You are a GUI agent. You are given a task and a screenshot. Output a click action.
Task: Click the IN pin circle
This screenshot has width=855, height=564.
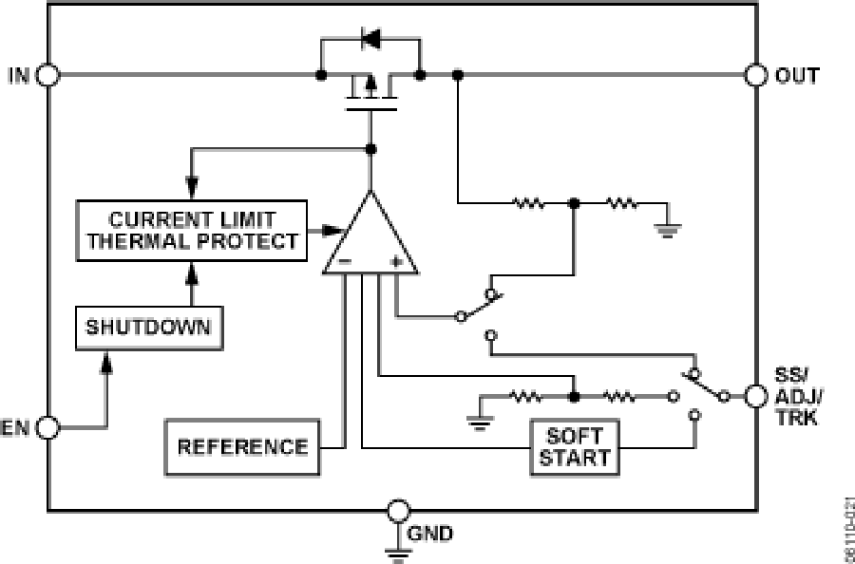(48, 75)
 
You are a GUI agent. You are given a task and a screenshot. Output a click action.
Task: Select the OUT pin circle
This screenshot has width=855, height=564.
(756, 75)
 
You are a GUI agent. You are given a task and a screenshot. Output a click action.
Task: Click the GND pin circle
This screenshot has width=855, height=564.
(398, 512)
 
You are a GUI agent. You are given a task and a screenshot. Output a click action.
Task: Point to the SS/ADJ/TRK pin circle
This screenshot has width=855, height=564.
(756, 394)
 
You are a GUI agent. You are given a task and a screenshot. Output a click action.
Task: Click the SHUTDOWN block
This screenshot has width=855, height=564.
(150, 329)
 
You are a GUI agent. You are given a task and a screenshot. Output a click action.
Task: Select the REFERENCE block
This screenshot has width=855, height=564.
(243, 446)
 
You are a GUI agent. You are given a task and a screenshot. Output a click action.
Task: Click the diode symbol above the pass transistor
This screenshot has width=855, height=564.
(370, 41)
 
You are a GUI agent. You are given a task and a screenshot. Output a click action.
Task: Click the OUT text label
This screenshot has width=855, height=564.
(797, 75)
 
